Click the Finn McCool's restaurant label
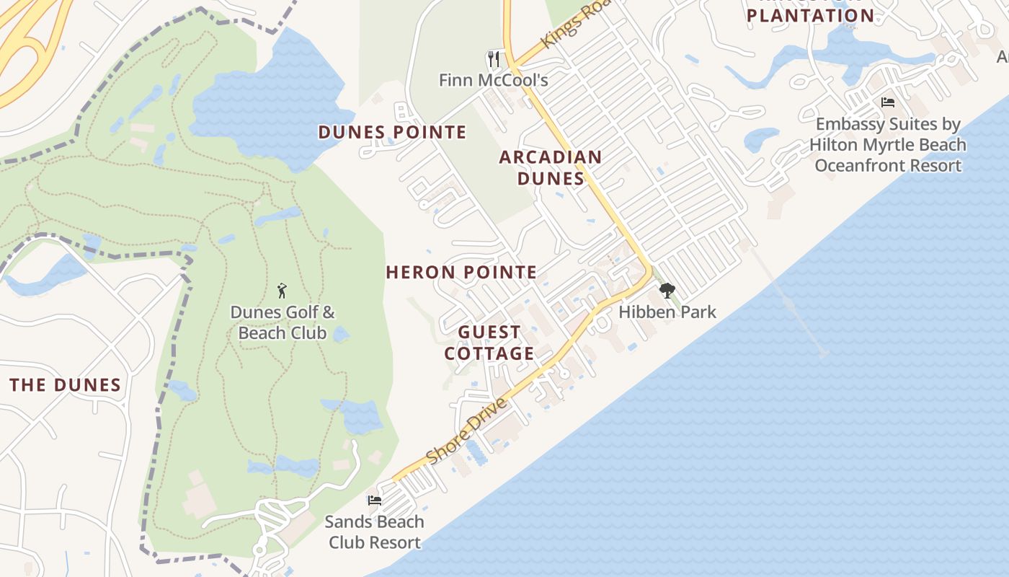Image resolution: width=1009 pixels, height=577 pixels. point(494,80)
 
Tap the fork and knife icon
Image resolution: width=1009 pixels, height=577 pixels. point(494,58)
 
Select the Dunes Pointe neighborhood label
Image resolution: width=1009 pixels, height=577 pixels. point(392,132)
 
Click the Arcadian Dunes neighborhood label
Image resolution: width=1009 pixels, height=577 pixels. point(551,167)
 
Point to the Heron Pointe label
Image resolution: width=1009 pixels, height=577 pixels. point(461,272)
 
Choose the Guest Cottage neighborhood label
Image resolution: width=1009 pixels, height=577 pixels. point(489,343)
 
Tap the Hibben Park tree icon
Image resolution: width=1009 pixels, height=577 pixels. point(667,291)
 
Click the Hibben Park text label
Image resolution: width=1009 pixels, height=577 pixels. point(667,312)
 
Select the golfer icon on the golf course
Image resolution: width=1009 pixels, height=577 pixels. point(282,291)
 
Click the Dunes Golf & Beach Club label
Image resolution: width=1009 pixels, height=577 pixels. point(283,322)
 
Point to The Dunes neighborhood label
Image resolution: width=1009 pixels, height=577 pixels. point(66,384)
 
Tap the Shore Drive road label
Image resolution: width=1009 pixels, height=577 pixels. point(467,431)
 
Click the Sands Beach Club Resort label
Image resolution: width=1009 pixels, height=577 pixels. point(374,532)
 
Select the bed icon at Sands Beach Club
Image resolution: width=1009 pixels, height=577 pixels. point(374,500)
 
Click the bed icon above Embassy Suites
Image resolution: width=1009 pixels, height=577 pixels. point(888,102)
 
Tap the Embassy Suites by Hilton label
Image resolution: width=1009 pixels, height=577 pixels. point(888,145)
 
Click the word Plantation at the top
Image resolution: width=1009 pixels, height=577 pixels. point(810,15)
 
